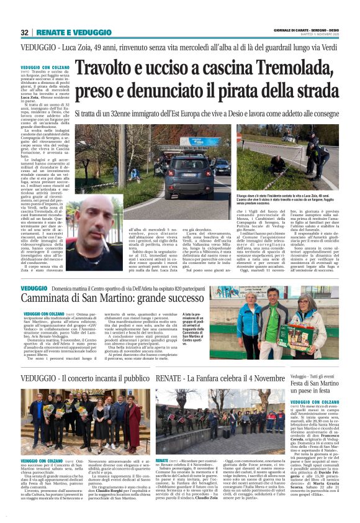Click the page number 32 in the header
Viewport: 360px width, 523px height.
point(25,32)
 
